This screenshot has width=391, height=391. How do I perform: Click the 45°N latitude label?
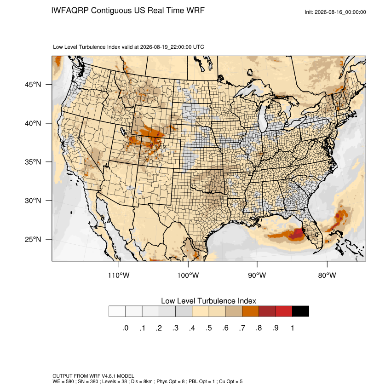click(x=33, y=85)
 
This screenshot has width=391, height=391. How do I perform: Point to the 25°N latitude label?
click(x=33, y=239)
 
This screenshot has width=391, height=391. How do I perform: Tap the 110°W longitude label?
click(x=119, y=275)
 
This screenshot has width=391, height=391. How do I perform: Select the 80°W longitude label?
click(x=327, y=275)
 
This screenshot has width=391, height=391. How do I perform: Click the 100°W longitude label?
click(x=188, y=275)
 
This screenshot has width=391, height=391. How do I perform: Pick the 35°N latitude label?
click(x=33, y=162)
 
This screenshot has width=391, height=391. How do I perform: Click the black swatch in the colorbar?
click(x=300, y=311)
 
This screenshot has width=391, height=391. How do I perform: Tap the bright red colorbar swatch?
click(x=284, y=311)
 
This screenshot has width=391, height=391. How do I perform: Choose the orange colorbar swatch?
click(x=250, y=311)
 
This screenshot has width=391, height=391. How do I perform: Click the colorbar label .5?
click(x=209, y=328)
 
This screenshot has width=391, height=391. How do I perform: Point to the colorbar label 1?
click(x=293, y=328)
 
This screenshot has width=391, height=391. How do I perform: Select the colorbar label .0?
click(x=126, y=328)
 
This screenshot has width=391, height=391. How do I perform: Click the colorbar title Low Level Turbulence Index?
click(x=208, y=301)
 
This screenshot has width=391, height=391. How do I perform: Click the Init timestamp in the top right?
click(x=335, y=12)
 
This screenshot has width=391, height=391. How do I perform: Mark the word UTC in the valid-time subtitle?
click(x=199, y=47)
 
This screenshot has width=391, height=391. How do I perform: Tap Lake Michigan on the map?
click(x=262, y=117)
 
